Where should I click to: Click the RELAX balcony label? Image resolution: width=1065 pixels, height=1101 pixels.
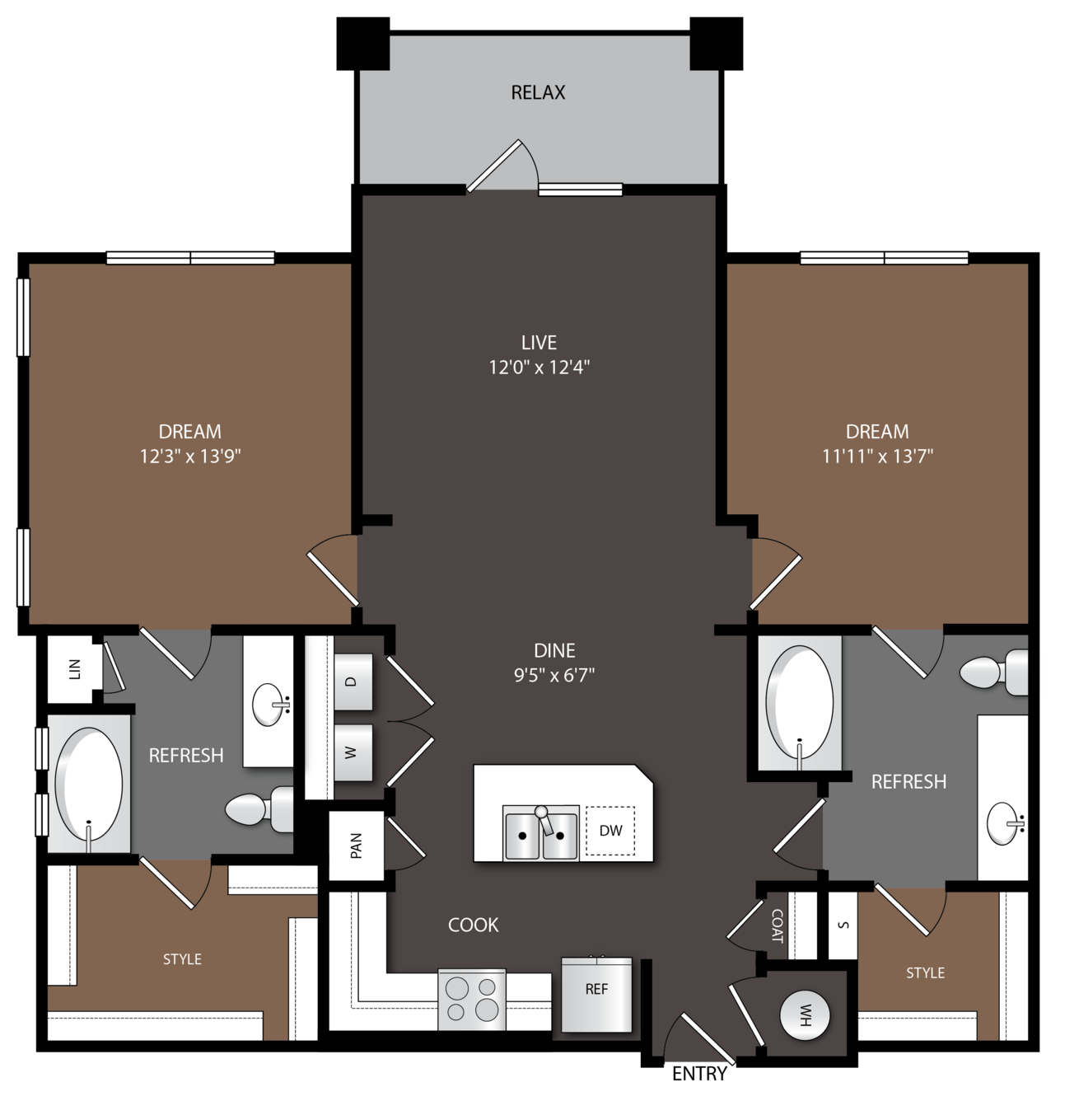pos(538,92)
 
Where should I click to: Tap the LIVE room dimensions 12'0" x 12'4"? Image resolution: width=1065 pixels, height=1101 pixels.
pos(539,368)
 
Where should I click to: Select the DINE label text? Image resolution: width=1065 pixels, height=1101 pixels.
pos(554,651)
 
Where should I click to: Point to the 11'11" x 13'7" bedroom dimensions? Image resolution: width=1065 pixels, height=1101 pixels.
pos(877,456)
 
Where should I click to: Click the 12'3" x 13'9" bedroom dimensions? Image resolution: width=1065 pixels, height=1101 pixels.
pos(190,456)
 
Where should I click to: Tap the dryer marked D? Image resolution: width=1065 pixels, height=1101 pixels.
pos(353,682)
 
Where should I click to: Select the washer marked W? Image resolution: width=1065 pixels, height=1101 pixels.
pos(353,752)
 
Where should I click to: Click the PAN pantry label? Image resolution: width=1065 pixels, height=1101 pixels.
pos(357,846)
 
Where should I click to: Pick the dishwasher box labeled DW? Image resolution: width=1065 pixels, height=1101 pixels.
pos(610,831)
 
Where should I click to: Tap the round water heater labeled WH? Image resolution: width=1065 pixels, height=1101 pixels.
pos(805,1015)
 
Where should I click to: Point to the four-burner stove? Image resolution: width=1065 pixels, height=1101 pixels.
pos(472,1000)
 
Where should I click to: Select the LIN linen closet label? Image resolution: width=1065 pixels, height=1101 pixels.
pos(74,669)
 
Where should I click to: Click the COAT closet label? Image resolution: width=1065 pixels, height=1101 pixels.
pos(778,925)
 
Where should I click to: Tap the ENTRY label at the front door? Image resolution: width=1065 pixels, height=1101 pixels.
pos(699,1073)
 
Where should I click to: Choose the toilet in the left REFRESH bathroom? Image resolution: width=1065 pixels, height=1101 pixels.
pos(259,809)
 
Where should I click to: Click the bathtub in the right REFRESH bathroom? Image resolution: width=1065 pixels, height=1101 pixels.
pos(799,703)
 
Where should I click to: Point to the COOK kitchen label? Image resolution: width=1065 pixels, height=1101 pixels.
pos(474,925)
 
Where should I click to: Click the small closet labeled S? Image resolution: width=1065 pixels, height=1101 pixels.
pos(843,925)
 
